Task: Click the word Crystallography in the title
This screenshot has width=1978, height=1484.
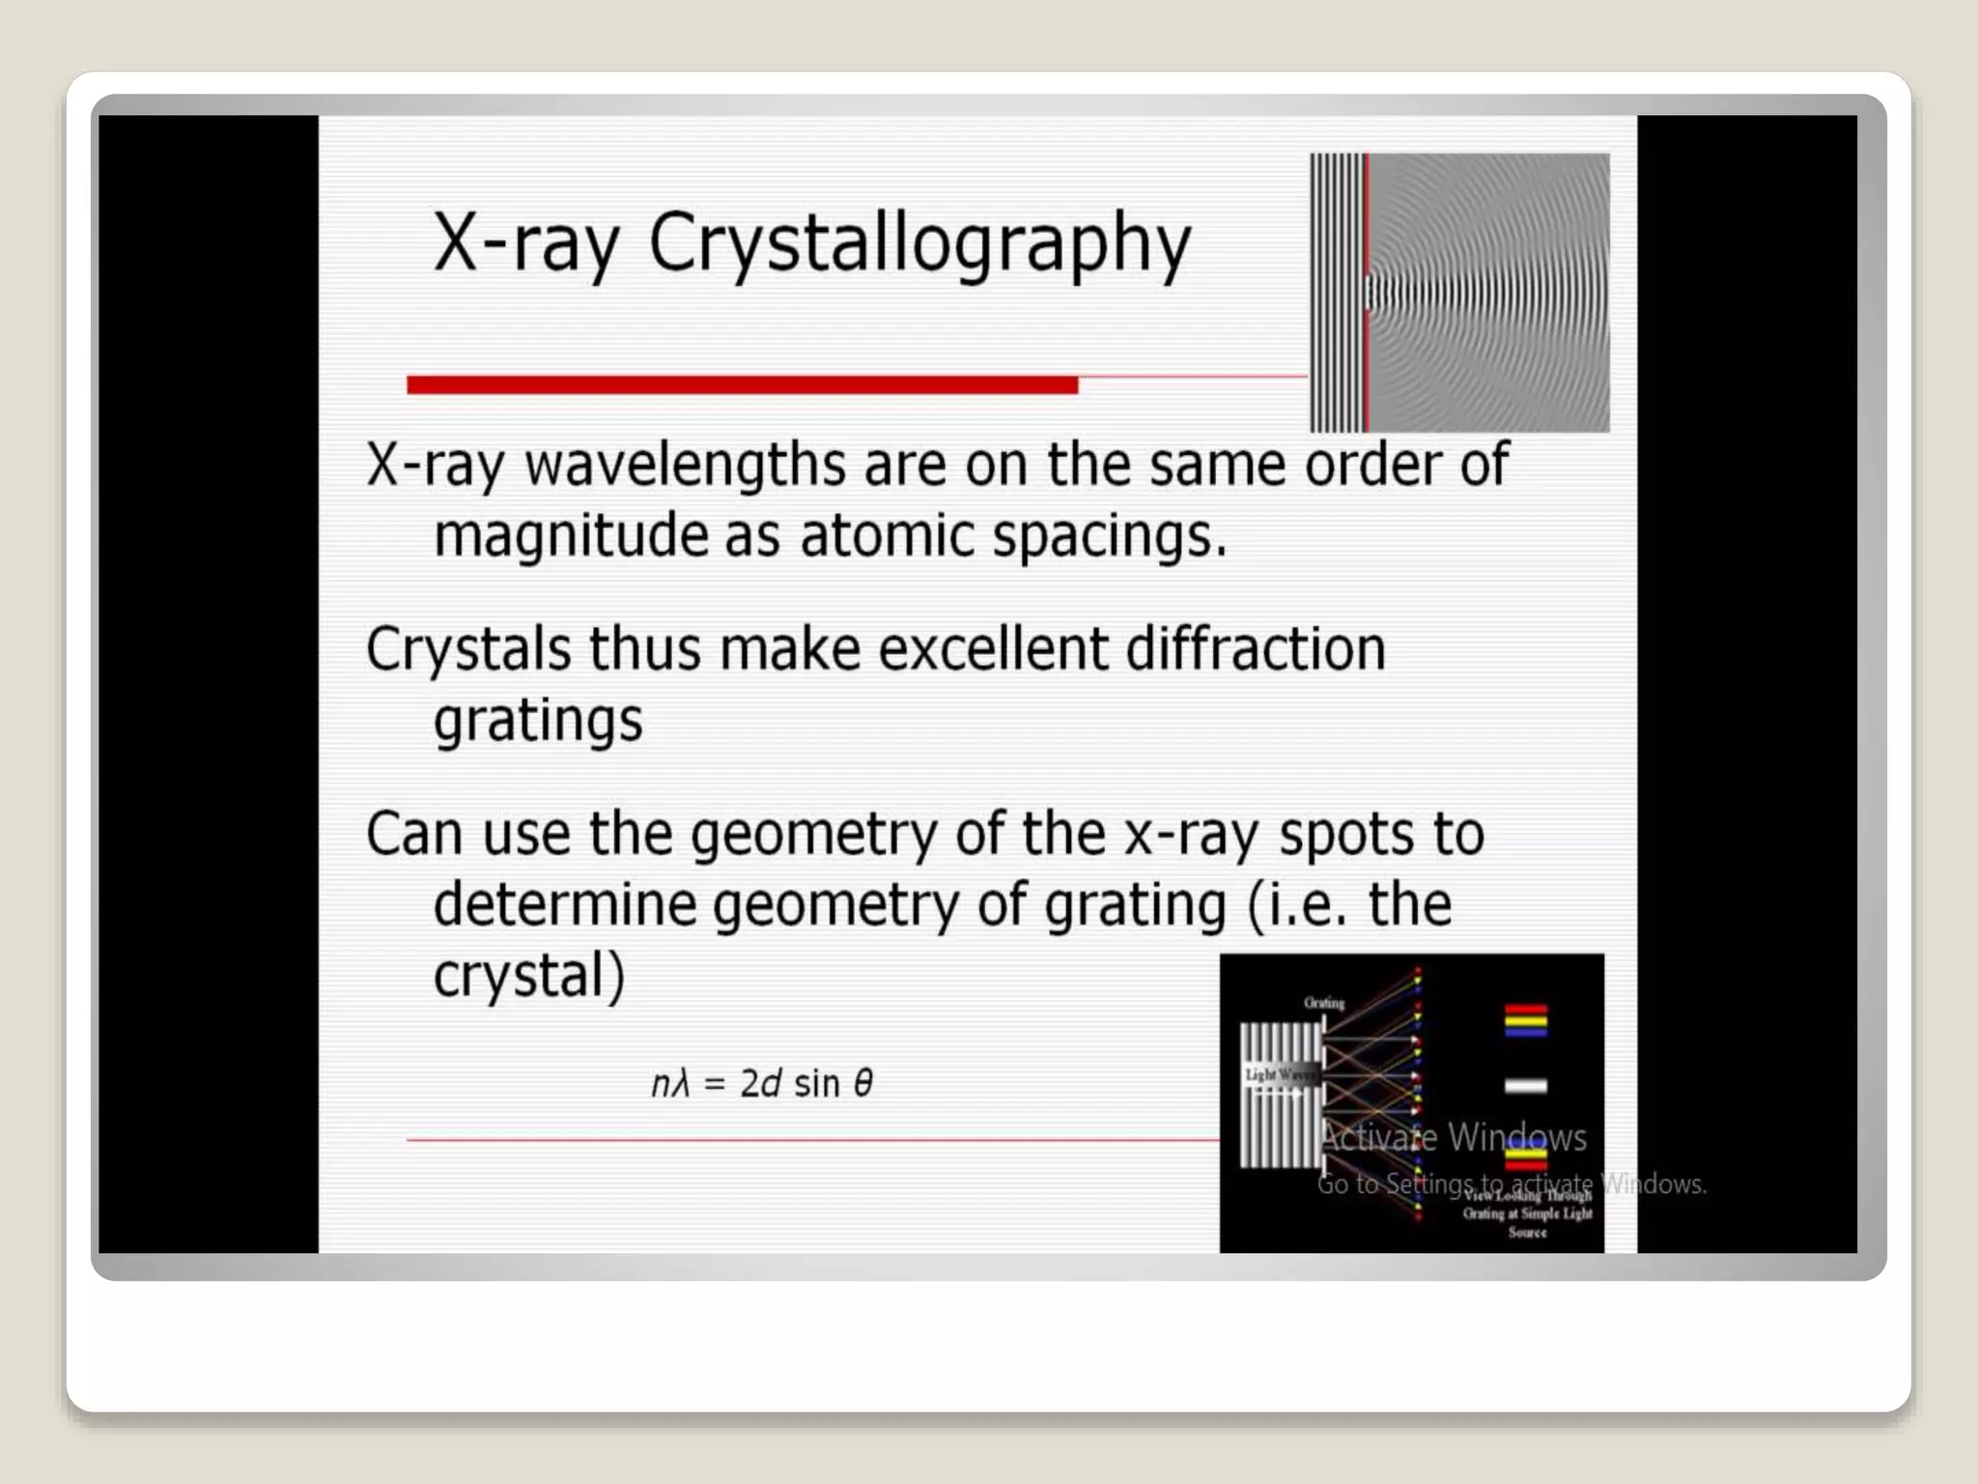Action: [x=919, y=243]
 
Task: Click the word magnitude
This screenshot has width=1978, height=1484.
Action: [x=570, y=537]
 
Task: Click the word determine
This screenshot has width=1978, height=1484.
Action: [x=564, y=905]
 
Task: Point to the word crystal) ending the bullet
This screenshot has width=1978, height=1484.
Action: [x=529, y=976]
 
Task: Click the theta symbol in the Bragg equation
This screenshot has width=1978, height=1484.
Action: [x=863, y=1083]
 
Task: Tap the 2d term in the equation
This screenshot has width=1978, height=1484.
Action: [x=760, y=1084]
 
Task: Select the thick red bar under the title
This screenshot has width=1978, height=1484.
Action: [x=742, y=385]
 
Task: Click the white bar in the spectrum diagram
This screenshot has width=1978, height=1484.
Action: [x=1526, y=1086]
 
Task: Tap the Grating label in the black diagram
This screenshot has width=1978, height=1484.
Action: [x=1324, y=1003]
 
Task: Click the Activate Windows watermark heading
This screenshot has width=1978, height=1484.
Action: [x=1453, y=1137]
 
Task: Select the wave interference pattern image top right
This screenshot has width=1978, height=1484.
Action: [x=1459, y=293]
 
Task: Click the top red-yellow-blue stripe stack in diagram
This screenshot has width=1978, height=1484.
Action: [x=1526, y=1020]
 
